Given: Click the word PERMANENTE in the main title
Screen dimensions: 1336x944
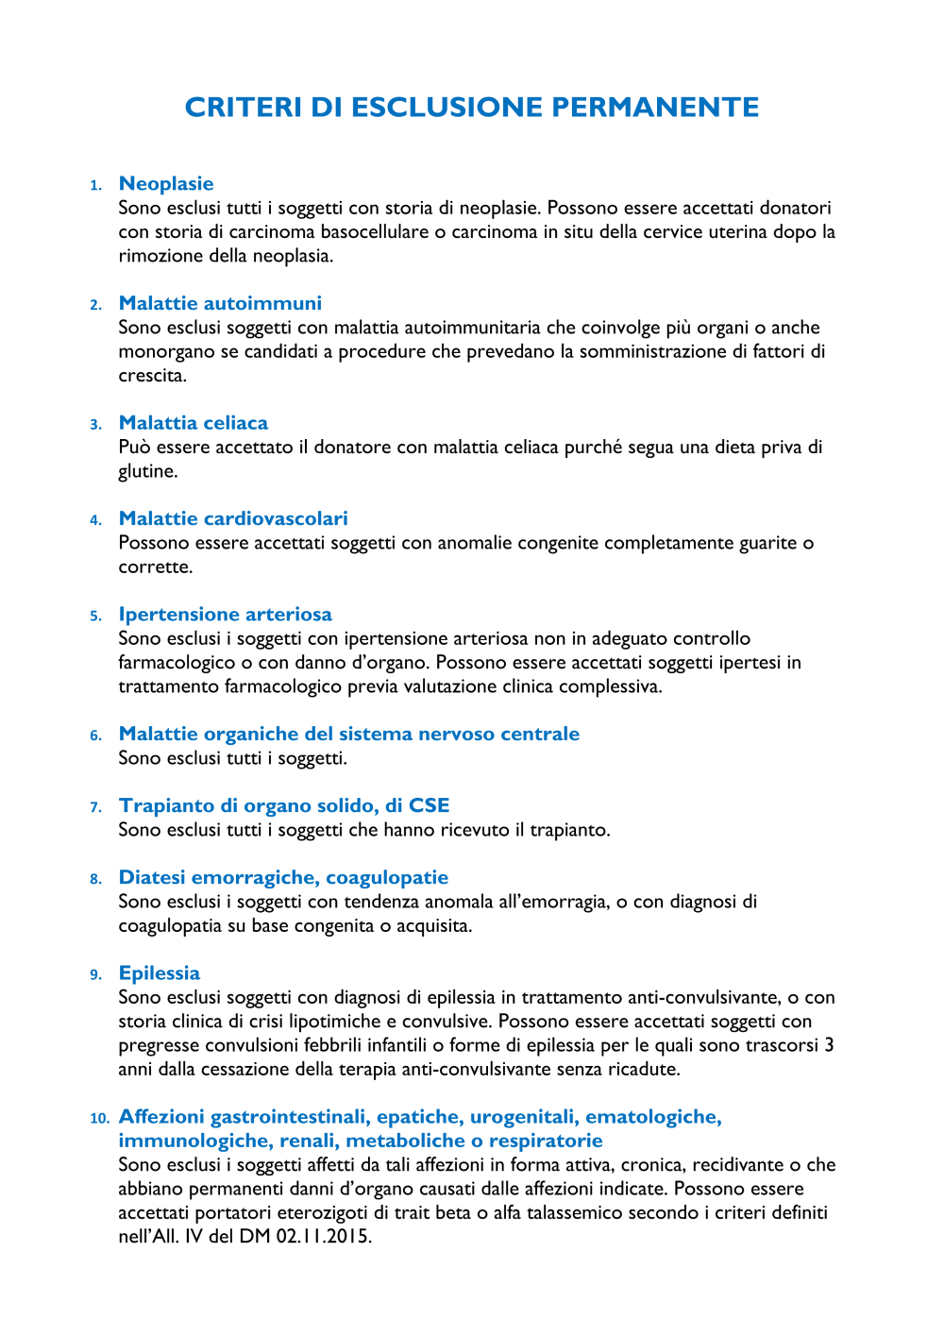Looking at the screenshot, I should point(655,108).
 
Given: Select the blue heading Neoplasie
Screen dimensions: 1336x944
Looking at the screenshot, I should point(166,183).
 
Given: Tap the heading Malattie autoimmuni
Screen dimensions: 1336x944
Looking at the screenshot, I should point(220,303).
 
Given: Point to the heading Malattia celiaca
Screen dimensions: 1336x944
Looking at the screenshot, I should point(194,423).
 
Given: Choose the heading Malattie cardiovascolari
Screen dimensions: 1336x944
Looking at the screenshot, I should point(233,518).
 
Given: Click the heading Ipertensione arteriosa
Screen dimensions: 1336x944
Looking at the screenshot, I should point(226,615).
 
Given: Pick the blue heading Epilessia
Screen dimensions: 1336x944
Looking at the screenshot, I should point(160,973).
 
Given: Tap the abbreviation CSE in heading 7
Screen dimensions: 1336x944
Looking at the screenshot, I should point(429,805).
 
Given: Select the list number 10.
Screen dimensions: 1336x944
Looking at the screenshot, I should point(99,1118).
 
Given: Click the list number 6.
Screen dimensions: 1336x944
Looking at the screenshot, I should point(95,736).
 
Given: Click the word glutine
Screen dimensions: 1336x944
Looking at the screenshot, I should point(147,471).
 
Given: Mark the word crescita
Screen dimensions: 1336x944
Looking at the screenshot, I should point(152,375).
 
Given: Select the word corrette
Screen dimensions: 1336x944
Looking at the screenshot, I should point(155,567).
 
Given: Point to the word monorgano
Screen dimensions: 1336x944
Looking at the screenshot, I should point(166,351).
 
